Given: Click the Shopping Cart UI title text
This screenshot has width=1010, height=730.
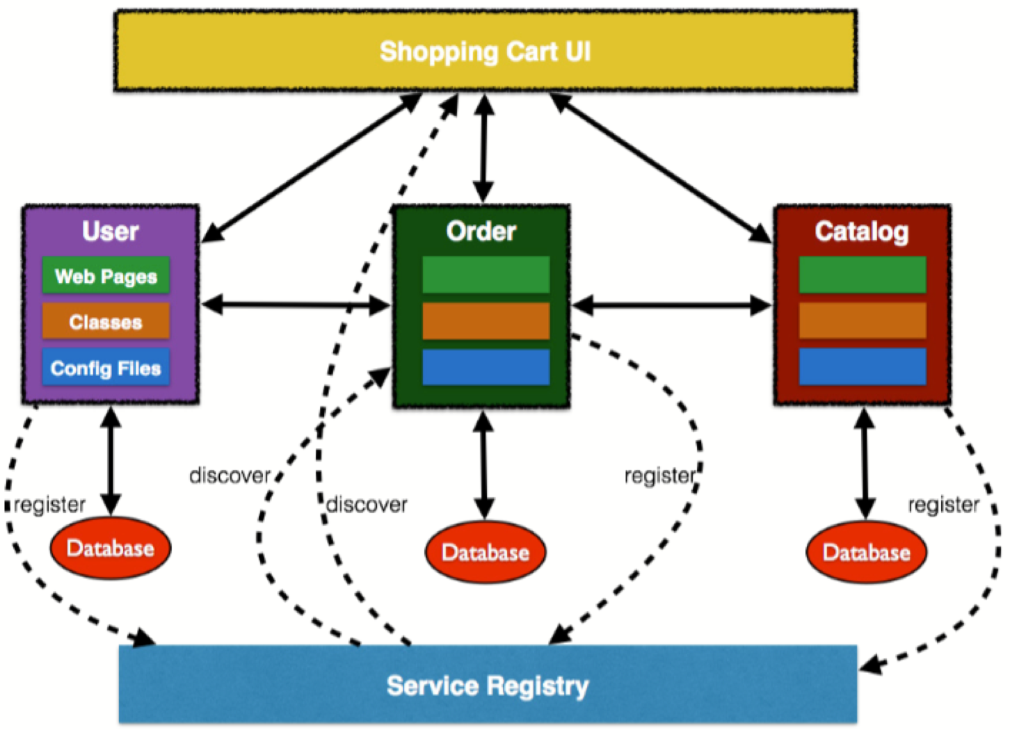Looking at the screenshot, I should point(485,51).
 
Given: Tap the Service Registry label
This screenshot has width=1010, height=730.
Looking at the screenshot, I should point(488,686).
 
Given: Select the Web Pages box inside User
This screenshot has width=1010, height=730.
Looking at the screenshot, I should point(106,276).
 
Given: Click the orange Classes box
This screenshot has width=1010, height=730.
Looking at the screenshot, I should point(106,322).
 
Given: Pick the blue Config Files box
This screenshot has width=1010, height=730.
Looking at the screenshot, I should point(106,368).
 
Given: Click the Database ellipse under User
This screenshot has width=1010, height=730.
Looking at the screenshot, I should point(110,548).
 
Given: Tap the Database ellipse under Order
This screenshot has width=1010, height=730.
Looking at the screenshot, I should point(485,552).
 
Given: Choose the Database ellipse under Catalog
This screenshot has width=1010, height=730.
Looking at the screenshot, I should point(866,552).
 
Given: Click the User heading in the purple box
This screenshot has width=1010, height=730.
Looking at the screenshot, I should point(110,231).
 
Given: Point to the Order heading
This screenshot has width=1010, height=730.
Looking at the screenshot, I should point(481,231).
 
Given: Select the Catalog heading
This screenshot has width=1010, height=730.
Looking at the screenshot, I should point(862,231).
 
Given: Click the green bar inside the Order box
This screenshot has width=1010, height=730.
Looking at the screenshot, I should point(486,275).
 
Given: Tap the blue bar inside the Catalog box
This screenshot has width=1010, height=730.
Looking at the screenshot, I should point(863,366).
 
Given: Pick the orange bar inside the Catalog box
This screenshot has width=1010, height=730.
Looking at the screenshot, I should point(863,321).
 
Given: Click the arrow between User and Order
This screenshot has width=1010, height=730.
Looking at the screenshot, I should point(296,305).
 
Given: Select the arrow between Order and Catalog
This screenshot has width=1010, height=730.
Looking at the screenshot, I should point(672,305).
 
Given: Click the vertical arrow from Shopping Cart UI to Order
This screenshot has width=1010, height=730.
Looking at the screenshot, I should point(483,148).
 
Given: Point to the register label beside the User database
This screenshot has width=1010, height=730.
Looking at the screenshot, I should point(49,504).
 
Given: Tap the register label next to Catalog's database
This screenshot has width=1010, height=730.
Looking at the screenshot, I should point(943,504).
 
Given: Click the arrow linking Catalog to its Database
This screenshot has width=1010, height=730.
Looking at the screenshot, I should point(865,463).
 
